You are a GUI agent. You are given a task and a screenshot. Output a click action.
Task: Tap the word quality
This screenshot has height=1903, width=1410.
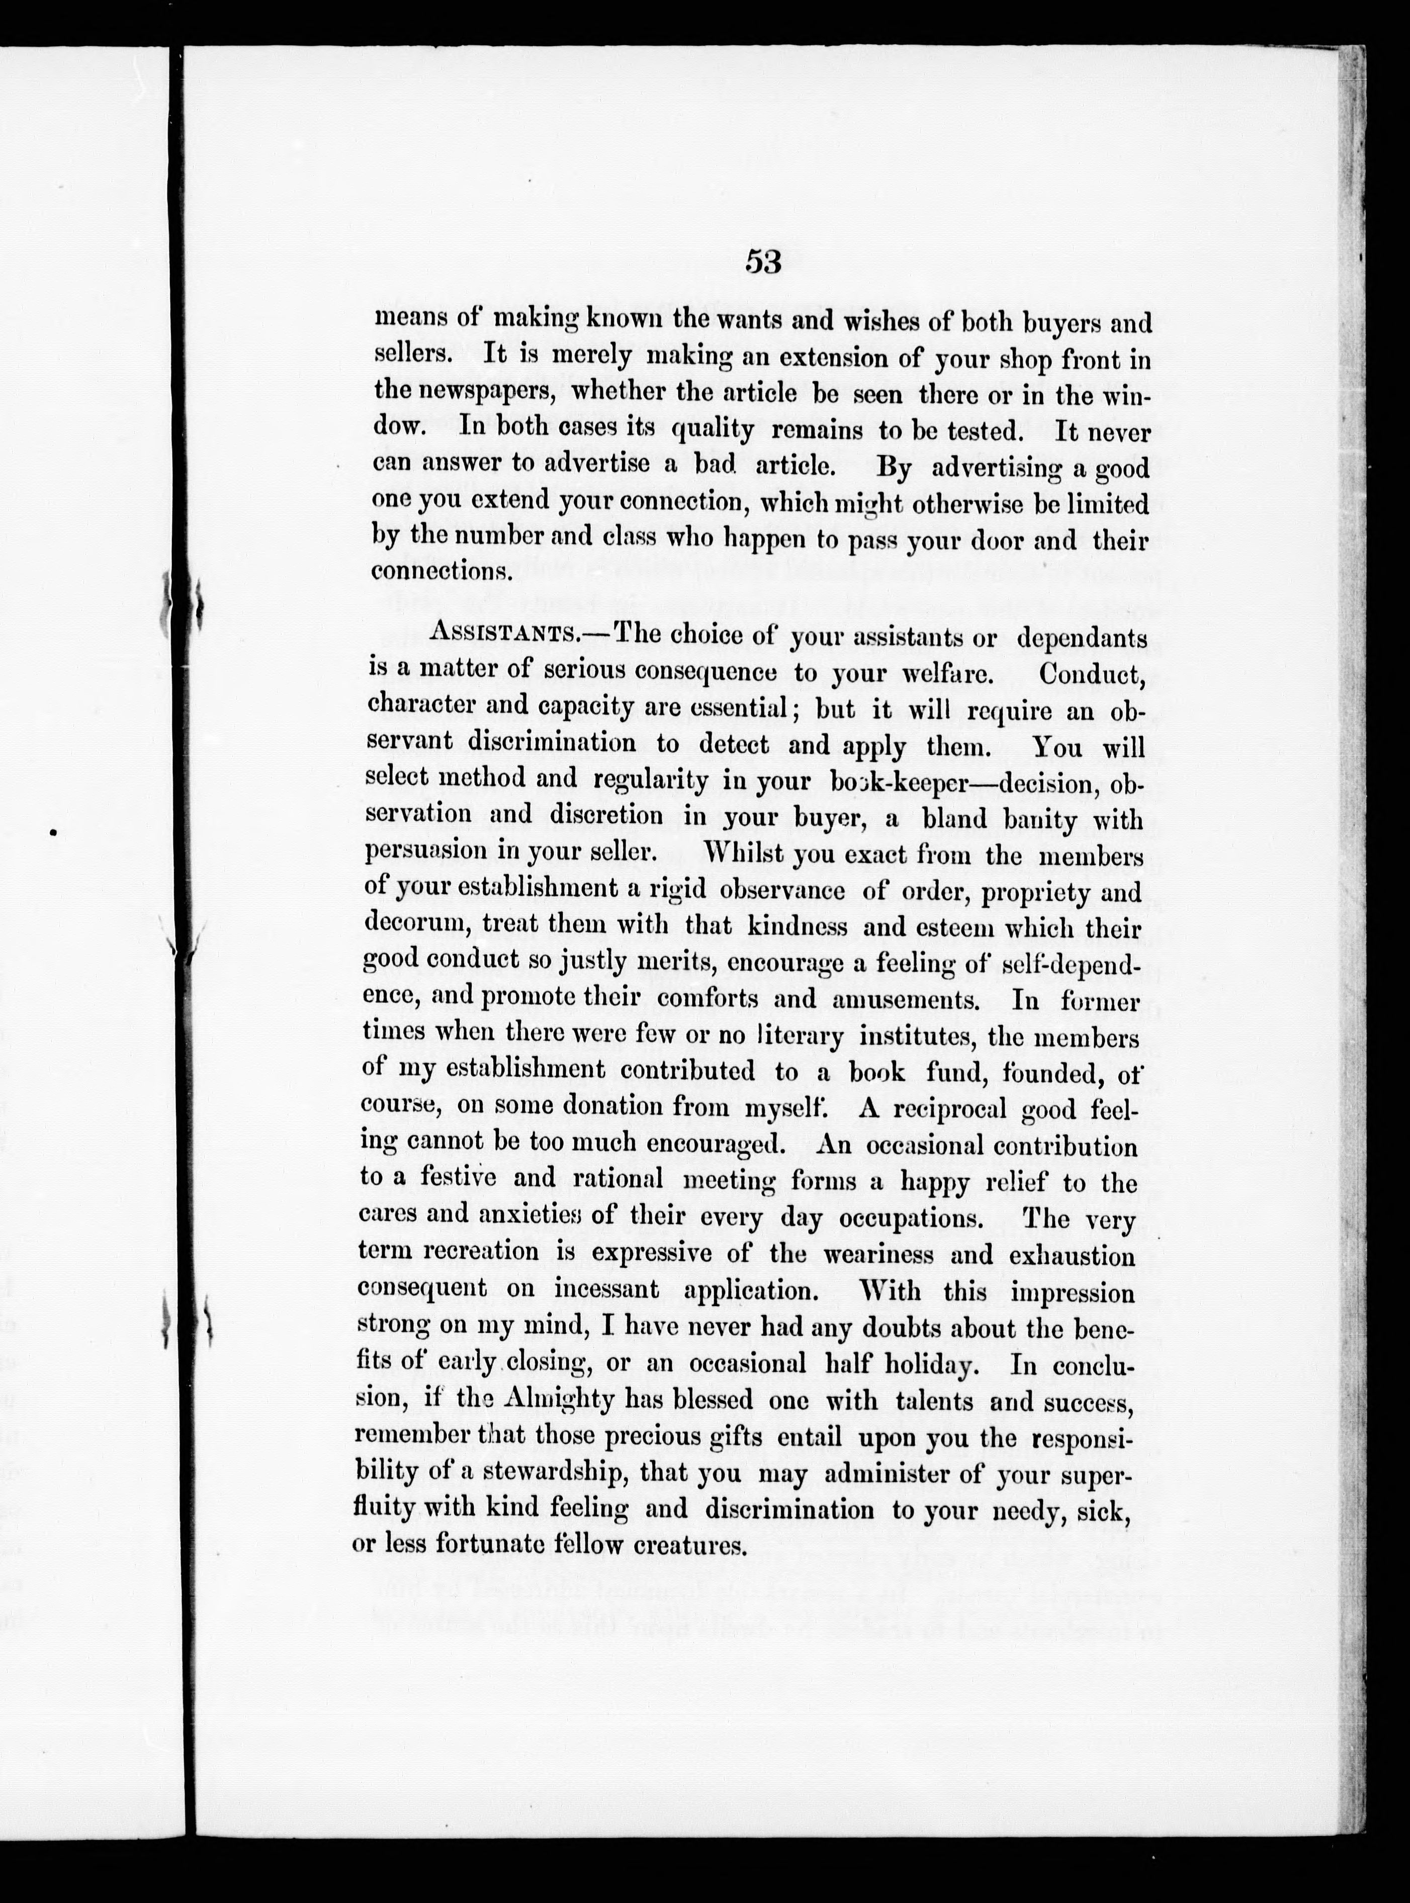pyautogui.click(x=713, y=430)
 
